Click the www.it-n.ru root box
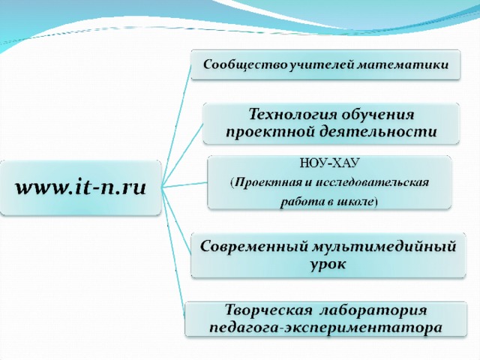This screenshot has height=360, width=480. [x=81, y=187]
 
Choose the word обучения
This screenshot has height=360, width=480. [x=378, y=115]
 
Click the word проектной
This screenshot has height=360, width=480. [x=271, y=132]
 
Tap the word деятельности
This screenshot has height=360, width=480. [x=379, y=132]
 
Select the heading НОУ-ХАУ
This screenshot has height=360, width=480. [x=329, y=163]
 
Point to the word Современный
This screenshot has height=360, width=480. [x=254, y=247]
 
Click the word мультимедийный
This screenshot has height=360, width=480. [x=384, y=247]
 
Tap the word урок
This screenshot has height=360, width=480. [x=328, y=264]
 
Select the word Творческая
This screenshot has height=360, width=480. [x=268, y=310]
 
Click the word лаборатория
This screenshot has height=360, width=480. [x=373, y=310]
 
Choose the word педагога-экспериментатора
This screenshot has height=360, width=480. [x=326, y=327]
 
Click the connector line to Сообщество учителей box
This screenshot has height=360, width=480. [x=177, y=126]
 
